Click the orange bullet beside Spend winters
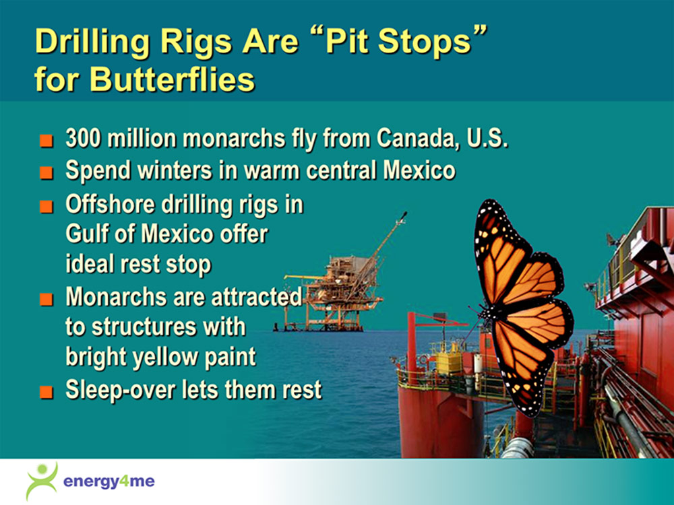(x=47, y=172)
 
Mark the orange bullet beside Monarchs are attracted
(x=47, y=299)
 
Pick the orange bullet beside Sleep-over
(x=47, y=392)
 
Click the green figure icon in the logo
(x=42, y=481)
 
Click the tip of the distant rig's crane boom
(x=405, y=213)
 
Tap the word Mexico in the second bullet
(x=419, y=170)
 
